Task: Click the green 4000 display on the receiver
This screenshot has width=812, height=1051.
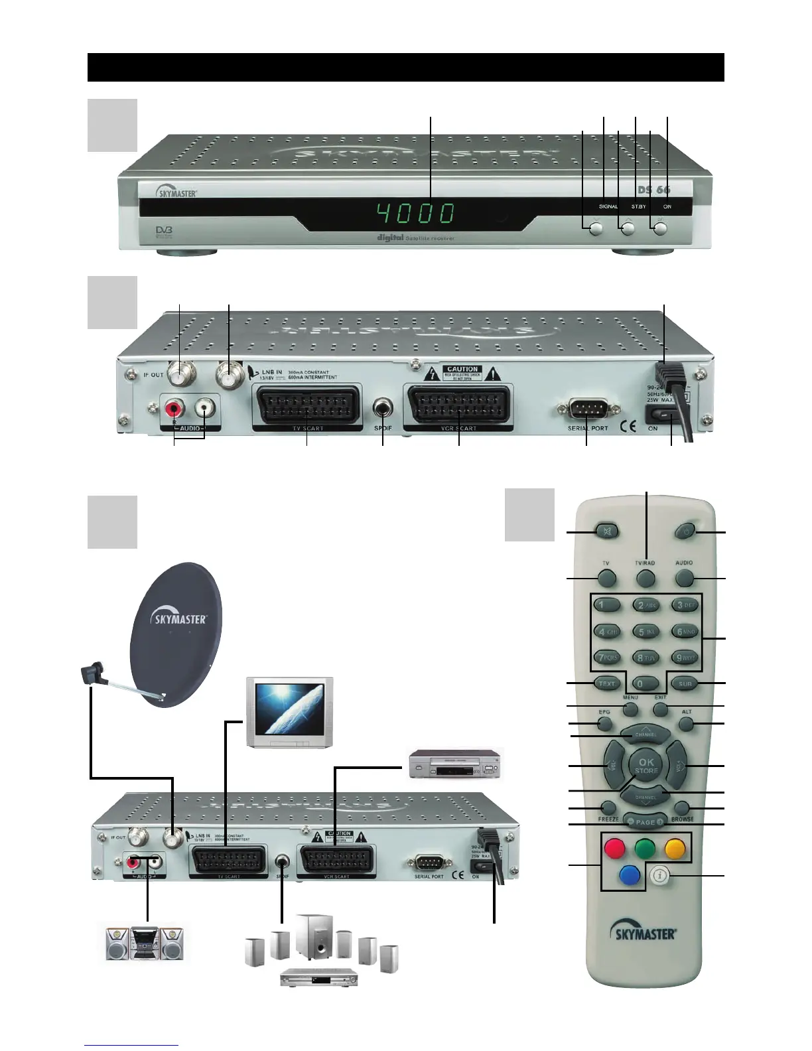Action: [x=417, y=214]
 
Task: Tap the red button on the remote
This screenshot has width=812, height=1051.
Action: [x=614, y=848]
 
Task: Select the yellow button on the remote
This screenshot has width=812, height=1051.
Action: [x=675, y=848]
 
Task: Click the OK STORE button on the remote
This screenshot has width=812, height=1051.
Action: [x=645, y=766]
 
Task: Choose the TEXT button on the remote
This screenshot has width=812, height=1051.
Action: [x=607, y=683]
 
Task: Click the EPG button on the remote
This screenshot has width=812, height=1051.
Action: [x=604, y=723]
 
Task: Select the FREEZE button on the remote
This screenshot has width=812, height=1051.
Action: [x=608, y=807]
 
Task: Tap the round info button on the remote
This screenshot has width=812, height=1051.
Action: [x=658, y=876]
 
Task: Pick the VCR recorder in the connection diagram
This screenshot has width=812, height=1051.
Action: [x=455, y=763]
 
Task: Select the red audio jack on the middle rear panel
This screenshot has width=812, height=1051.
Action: [x=176, y=407]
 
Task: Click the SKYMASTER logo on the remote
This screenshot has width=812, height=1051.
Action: [x=642, y=934]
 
